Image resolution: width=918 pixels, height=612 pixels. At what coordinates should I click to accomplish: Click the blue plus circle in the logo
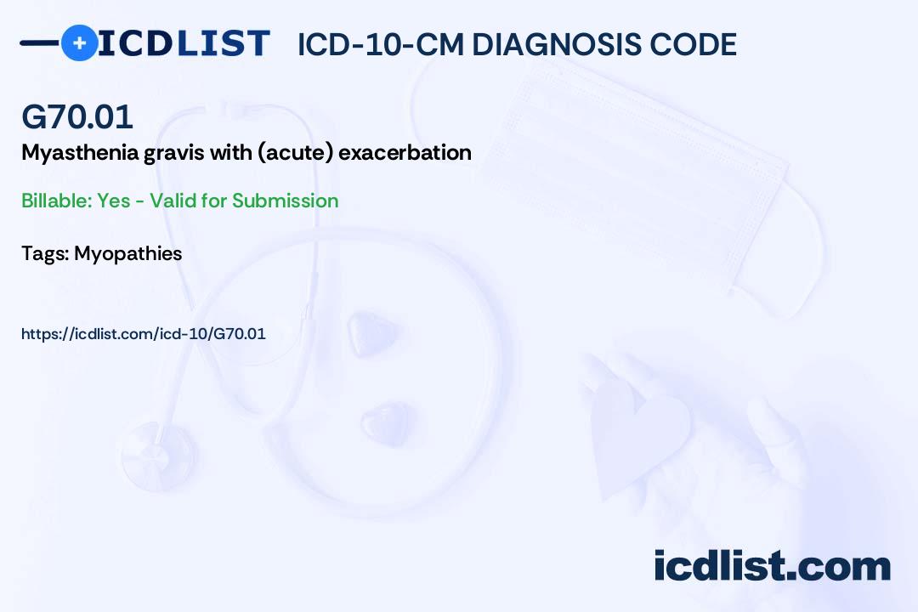[x=79, y=42]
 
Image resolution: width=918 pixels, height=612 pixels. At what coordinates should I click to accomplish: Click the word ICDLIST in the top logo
[x=184, y=43]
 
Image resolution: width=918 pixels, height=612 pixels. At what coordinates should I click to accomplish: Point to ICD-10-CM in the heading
[x=381, y=44]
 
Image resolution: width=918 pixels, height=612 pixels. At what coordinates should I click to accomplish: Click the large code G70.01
[x=77, y=116]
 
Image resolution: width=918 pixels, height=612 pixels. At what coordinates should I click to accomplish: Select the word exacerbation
[x=405, y=152]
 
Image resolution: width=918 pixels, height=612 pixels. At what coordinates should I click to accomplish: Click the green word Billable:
[x=56, y=201]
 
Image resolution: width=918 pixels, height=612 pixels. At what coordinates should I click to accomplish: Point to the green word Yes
[x=114, y=201]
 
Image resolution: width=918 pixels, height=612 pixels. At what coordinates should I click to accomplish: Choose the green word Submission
[x=285, y=201]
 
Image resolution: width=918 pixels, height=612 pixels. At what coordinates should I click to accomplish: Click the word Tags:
[x=46, y=253]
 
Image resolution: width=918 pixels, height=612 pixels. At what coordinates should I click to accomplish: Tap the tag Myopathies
[x=128, y=254]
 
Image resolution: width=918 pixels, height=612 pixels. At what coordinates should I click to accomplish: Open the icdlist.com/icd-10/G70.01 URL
[x=144, y=334]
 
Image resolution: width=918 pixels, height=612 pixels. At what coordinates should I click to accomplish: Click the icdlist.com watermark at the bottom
[x=772, y=566]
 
